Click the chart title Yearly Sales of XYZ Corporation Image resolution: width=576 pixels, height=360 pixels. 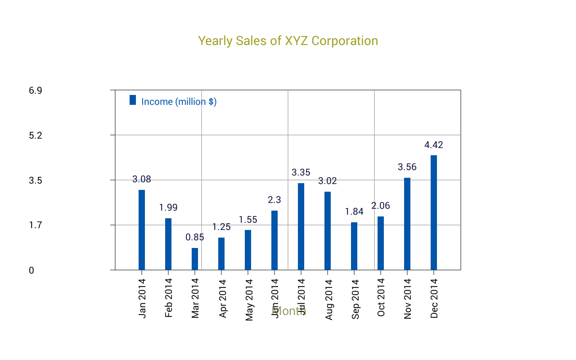pyautogui.click(x=288, y=41)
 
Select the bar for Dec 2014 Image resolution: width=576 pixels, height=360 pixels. pyautogui.click(x=434, y=212)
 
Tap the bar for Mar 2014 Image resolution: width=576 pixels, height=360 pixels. pyautogui.click(x=195, y=259)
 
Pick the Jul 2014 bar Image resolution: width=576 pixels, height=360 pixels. pyautogui.click(x=301, y=226)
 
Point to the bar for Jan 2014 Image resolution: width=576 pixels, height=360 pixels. pyautogui.click(x=142, y=230)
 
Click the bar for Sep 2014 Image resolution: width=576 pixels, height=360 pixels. pyautogui.click(x=354, y=246)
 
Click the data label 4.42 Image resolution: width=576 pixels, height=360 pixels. pyautogui.click(x=434, y=145)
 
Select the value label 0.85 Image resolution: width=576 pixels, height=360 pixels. pyautogui.click(x=195, y=237)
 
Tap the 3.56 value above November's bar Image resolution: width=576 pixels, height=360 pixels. pyautogui.click(x=407, y=167)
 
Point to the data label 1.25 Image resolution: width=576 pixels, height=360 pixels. pyautogui.click(x=221, y=227)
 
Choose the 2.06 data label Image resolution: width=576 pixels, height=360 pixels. pyautogui.click(x=381, y=206)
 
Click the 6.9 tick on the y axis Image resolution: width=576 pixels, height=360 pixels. pyautogui.click(x=36, y=90)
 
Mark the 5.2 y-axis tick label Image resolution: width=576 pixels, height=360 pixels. pyautogui.click(x=36, y=135)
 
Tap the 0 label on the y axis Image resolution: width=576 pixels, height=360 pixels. pyautogui.click(x=31, y=270)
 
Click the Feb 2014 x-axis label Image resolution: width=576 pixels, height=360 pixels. pyautogui.click(x=169, y=298)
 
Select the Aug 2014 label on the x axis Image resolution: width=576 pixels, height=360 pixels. pyautogui.click(x=328, y=299)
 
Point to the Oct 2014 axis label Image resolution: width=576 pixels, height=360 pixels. pyautogui.click(x=381, y=297)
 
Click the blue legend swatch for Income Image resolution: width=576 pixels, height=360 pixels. pyautogui.click(x=133, y=100)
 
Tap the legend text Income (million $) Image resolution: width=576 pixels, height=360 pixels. pyautogui.click(x=179, y=102)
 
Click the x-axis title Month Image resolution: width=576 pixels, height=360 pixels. pyautogui.click(x=289, y=311)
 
